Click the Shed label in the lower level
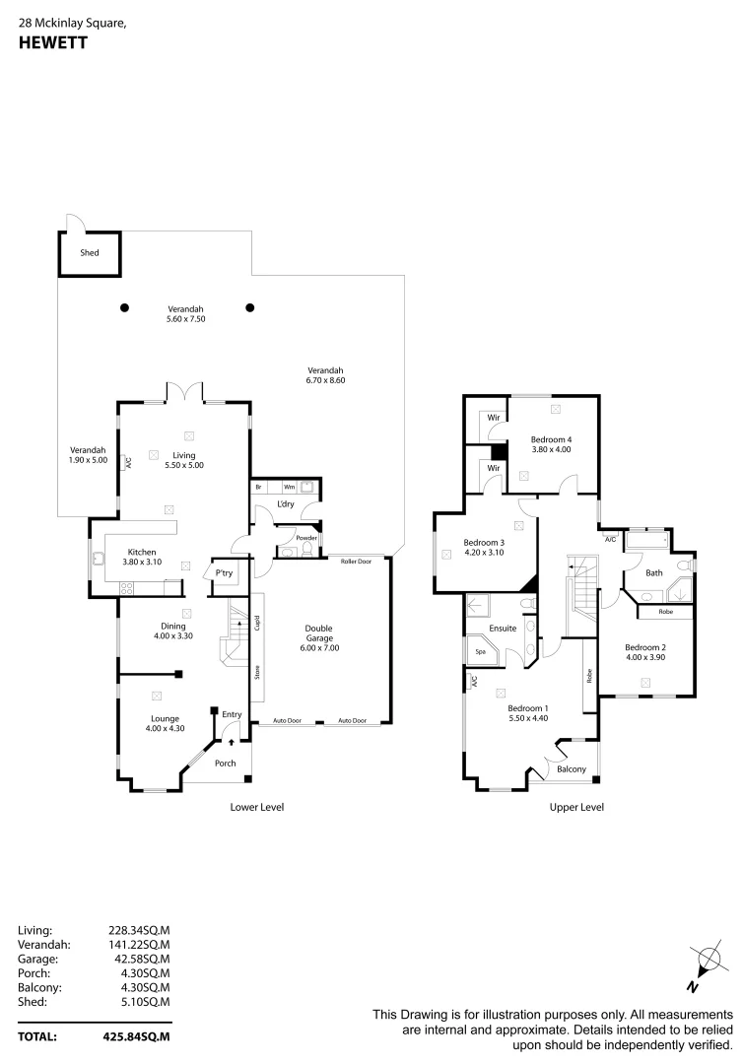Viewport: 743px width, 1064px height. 90,253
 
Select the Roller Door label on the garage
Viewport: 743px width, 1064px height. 356,561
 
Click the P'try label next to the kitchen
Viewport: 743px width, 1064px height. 224,573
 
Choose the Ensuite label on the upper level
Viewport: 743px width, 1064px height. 503,628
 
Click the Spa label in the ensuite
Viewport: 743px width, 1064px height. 480,652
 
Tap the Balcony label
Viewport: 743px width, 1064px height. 572,769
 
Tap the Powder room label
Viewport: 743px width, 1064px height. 305,538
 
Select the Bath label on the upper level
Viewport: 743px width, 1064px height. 653,572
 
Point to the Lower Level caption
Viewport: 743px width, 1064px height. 256,807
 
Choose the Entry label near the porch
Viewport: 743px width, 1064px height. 232,715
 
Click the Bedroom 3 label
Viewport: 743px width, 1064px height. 484,543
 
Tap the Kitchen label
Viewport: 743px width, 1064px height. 144,552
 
